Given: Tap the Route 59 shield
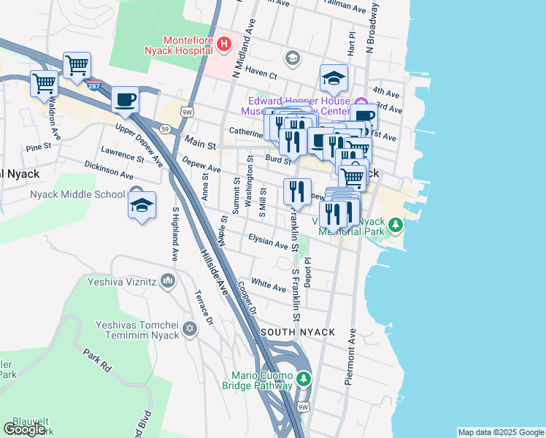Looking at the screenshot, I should pos(166,129).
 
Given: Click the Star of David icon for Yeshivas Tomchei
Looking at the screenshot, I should pos(190,328).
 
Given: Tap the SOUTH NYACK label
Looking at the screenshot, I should pos(299,332).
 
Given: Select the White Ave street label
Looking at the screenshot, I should pos(268,284).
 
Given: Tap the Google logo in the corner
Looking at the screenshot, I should pos(24,429).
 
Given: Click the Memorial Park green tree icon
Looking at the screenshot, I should pos(395,224).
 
